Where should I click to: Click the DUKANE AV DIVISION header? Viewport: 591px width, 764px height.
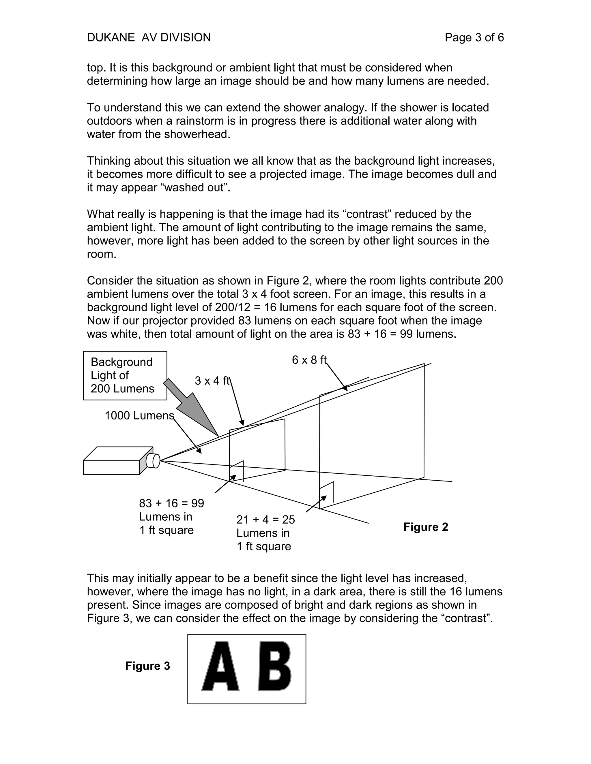(149, 37)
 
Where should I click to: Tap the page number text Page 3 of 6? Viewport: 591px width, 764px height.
(474, 37)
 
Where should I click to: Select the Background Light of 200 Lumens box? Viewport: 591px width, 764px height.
(125, 375)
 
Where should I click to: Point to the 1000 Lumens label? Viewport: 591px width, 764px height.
(139, 415)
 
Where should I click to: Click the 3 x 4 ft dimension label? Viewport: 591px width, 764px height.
(212, 381)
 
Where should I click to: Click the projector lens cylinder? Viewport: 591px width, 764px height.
(153, 460)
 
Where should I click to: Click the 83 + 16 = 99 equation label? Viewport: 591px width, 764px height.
(172, 503)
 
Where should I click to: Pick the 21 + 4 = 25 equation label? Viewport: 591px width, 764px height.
(266, 520)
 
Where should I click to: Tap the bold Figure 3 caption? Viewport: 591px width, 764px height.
(147, 666)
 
